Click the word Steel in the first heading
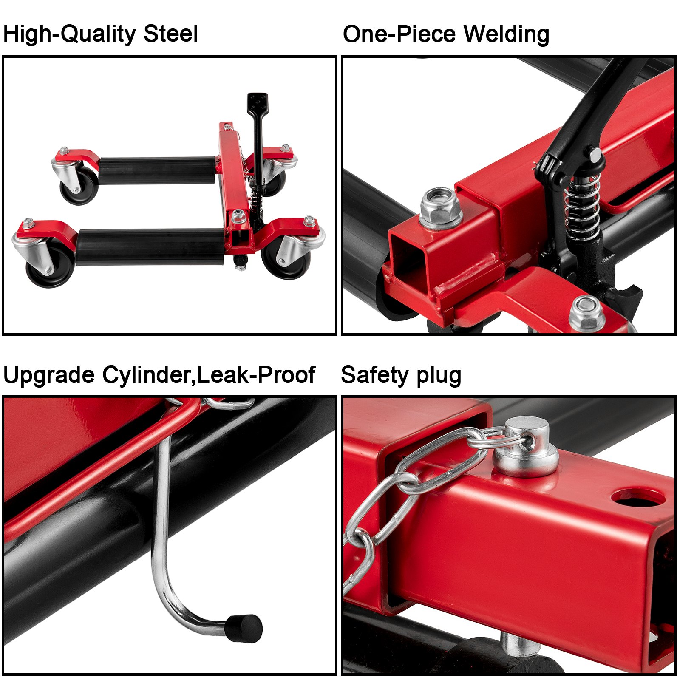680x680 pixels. point(171,34)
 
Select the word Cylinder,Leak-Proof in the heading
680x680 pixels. point(209,375)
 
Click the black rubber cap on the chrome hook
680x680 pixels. point(244,628)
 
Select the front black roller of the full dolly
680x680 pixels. point(150,247)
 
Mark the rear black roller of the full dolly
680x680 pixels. point(157,170)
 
